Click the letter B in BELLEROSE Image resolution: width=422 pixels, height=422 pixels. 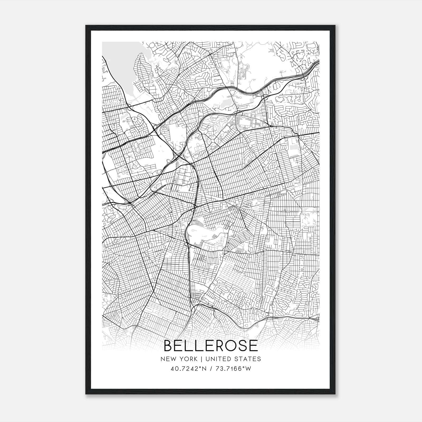pyautogui.click(x=169, y=346)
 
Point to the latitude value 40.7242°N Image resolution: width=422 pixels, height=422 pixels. pyautogui.click(x=188, y=369)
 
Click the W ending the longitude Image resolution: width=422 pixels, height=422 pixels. pyautogui.click(x=248, y=369)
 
